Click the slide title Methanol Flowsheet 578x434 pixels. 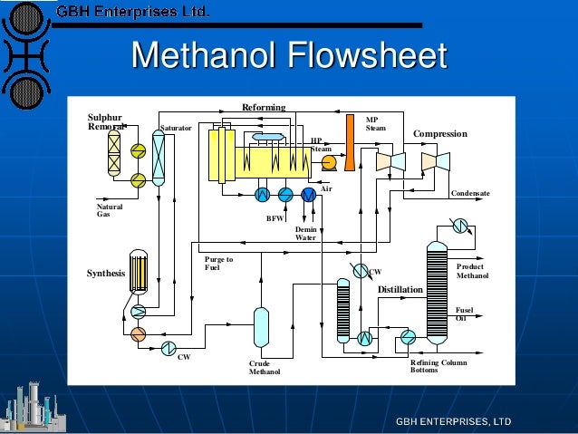coord(289,56)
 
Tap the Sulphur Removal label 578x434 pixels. coord(104,122)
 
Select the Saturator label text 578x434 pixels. coord(176,129)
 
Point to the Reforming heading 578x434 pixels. coord(263,108)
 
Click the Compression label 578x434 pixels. coord(439,134)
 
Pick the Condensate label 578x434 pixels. coord(470,193)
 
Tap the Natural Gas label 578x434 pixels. coord(109,209)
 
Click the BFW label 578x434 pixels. coord(274,218)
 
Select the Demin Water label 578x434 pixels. coord(305,234)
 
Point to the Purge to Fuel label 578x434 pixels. coord(218,263)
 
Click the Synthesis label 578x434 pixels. coord(105,273)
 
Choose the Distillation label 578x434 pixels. coord(400,290)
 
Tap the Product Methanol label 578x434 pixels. coord(472,271)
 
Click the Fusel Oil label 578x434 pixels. coord(463,313)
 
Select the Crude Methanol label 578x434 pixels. coord(265,367)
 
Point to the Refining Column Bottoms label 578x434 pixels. coord(438,366)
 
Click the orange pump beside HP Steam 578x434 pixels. coord(328,162)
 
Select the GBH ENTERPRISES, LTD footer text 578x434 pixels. coord(453,422)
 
